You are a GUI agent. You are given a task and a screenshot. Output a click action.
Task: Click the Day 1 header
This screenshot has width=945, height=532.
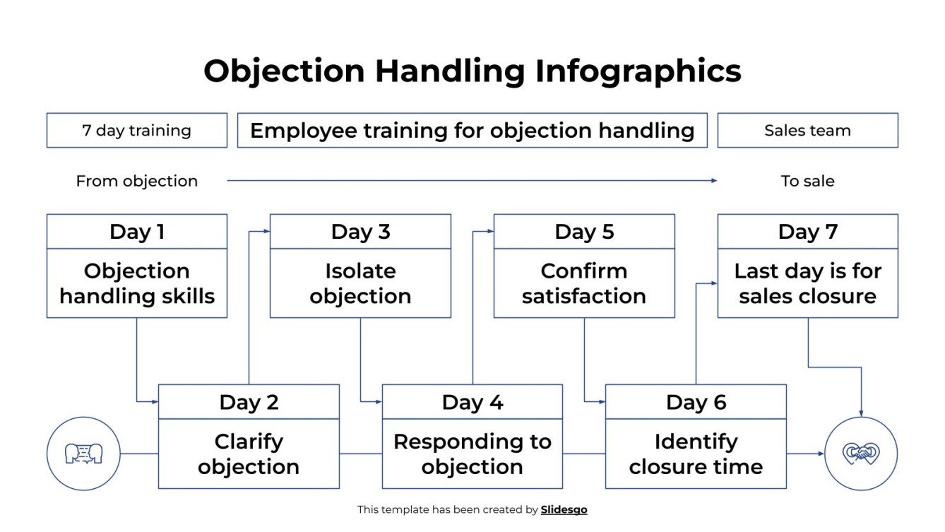click(136, 232)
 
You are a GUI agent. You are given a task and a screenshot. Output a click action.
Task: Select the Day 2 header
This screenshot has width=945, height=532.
click(249, 402)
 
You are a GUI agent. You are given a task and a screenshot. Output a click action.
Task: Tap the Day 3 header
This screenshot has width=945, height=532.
click(360, 232)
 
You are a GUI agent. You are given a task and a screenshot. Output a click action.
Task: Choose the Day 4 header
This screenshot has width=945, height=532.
click(472, 402)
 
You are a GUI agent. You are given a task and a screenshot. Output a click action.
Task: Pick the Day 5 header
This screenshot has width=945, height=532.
click(584, 232)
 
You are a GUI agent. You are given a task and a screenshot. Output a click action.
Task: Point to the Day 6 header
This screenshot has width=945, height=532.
click(696, 402)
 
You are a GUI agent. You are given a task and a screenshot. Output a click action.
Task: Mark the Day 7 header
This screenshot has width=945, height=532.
click(807, 232)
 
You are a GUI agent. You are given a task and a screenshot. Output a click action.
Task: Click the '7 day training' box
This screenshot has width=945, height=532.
click(136, 131)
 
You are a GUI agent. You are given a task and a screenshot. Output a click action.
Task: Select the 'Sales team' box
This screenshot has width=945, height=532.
click(807, 131)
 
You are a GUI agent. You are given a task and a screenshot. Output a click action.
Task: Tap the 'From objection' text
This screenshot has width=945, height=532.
click(136, 181)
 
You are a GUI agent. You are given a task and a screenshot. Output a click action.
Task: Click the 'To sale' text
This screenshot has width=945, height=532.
click(807, 181)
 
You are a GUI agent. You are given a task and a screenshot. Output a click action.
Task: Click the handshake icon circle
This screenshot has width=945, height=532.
click(861, 454)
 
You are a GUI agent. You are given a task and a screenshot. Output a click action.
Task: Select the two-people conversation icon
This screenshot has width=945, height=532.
click(83, 454)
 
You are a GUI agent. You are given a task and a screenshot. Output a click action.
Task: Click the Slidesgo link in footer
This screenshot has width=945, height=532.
click(564, 509)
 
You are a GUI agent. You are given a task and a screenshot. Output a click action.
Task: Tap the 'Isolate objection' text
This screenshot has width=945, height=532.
click(360, 283)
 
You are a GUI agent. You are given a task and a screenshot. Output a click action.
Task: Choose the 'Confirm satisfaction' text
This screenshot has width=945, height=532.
click(584, 283)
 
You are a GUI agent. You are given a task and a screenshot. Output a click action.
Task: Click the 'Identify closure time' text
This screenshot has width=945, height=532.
click(696, 454)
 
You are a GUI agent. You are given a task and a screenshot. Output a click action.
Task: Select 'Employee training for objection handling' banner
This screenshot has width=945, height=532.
click(472, 131)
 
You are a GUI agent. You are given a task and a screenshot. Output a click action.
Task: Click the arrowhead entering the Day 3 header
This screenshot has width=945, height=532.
click(266, 231)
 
